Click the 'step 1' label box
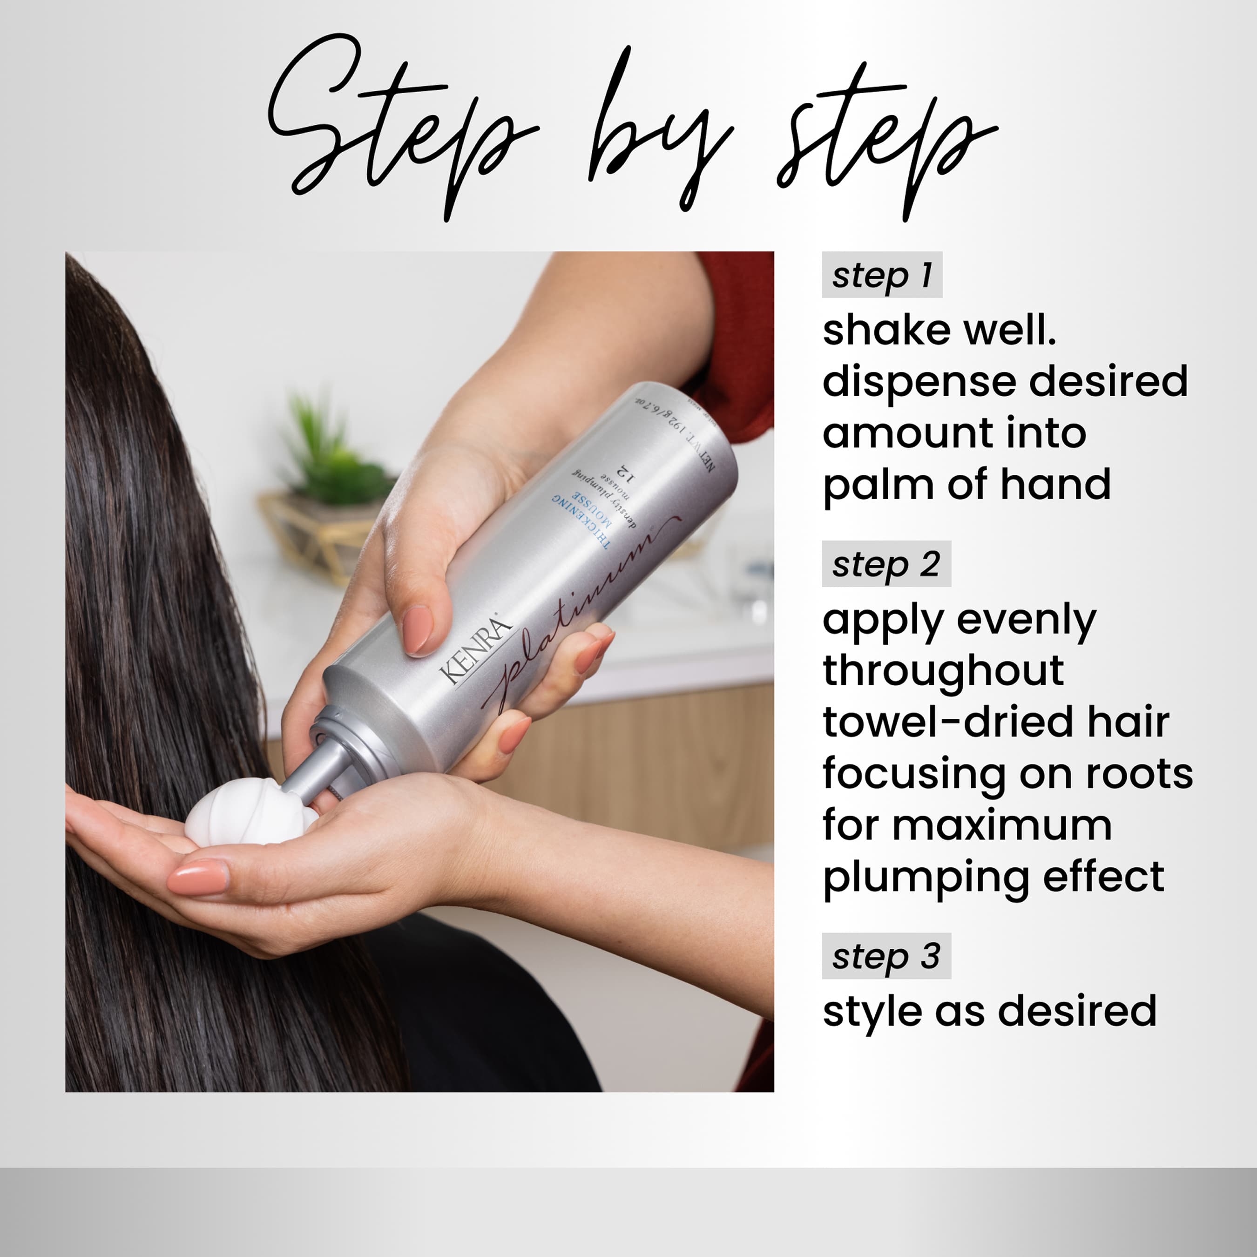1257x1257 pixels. pyautogui.click(x=882, y=275)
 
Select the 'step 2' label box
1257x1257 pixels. pyautogui.click(x=885, y=563)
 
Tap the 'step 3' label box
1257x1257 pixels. pyautogui.click(x=885, y=956)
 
